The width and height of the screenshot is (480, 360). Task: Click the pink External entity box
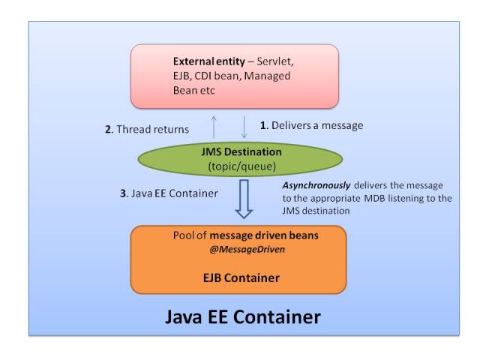[x=235, y=75]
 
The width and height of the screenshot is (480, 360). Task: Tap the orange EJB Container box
[x=238, y=259]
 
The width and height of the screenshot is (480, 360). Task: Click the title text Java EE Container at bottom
[x=243, y=316]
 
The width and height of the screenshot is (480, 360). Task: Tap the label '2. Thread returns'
[x=146, y=129]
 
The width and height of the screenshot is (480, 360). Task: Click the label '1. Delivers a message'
[x=311, y=125]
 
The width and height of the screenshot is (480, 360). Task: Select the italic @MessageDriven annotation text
[x=238, y=250]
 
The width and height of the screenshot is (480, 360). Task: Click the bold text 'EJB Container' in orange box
[x=238, y=278]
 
